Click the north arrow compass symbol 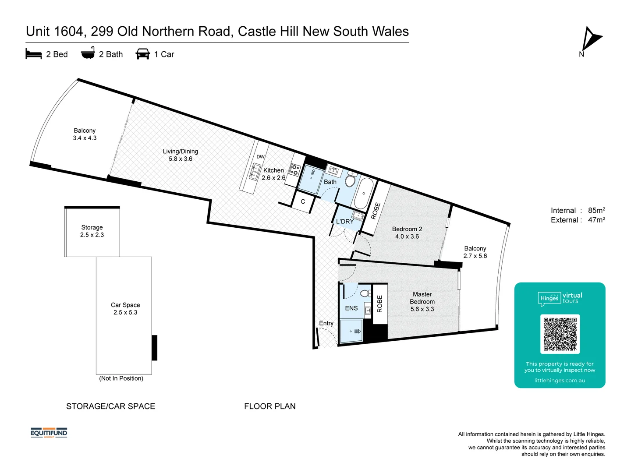pos(591,39)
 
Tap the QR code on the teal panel pos(560,334)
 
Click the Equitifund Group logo pos(49,433)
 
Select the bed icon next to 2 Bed pos(34,54)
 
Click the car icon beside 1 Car pos(143,54)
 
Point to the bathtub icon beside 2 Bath pos(88,53)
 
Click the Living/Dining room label pos(181,152)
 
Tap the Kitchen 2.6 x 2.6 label pos(273,174)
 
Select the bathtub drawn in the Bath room pos(363,193)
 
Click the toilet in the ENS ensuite pos(365,293)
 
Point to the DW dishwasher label pos(261,157)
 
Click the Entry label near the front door pos(326,323)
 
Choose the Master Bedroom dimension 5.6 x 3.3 pos(422,309)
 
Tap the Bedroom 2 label pos(407,229)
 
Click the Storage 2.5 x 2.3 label pos(92,231)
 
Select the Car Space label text pos(125,305)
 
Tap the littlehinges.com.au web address pos(560,381)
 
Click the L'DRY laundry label pos(345,222)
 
